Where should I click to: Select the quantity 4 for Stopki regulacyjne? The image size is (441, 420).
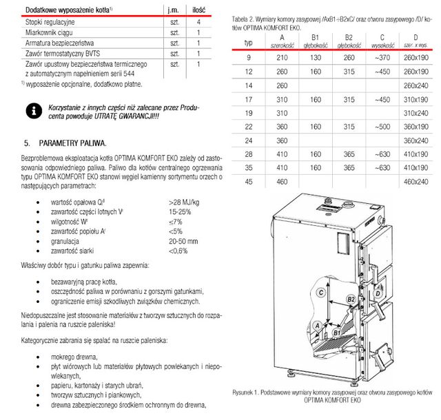point(198,23)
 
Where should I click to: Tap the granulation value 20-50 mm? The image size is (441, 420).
point(183,241)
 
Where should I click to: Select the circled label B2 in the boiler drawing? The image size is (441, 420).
point(350,300)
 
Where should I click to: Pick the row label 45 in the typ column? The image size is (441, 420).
point(248,181)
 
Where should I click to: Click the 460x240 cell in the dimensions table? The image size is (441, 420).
point(416,181)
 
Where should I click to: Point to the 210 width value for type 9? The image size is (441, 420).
point(282,58)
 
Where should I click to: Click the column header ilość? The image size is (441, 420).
point(198,10)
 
